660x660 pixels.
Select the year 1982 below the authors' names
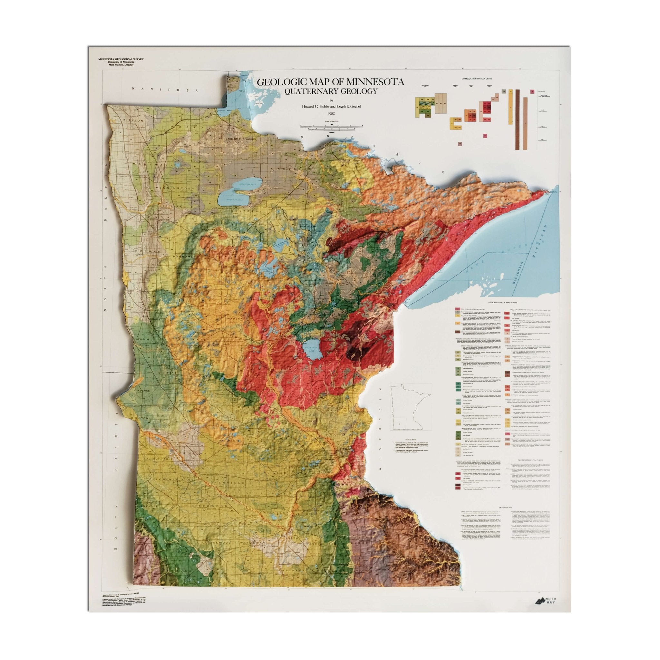point(330,113)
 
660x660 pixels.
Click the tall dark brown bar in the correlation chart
point(518,120)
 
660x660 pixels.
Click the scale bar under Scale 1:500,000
point(330,127)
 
